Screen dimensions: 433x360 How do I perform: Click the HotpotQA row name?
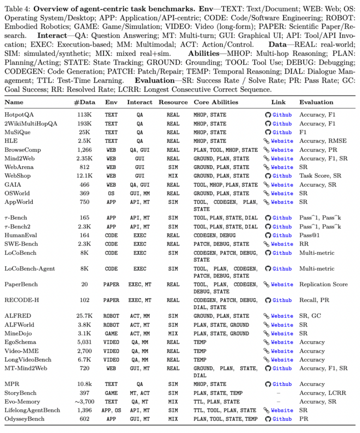coord(19,115)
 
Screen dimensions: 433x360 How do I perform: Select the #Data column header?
coord(84,102)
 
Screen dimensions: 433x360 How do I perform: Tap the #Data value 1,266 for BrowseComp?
coord(84,150)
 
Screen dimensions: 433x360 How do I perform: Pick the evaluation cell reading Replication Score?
coord(323,284)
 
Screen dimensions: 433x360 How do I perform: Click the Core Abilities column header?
coord(216,102)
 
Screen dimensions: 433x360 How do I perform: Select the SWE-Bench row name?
coord(21,244)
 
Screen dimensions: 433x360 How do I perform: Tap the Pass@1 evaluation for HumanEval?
coord(309,235)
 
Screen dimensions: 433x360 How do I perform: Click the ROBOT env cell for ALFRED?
coord(111,316)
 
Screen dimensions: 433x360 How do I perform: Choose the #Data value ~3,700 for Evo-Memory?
coord(84,402)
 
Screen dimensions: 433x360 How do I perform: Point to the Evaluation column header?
coord(316,102)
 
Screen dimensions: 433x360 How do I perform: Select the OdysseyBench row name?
coord(24,419)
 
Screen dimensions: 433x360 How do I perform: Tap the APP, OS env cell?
coord(111,410)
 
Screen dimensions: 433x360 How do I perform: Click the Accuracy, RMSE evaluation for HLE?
coord(323,141)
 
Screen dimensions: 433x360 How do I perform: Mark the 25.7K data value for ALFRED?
coord(84,316)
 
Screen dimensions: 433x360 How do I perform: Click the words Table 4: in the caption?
coord(18,9)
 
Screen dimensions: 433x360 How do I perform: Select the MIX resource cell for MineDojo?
coord(173,333)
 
